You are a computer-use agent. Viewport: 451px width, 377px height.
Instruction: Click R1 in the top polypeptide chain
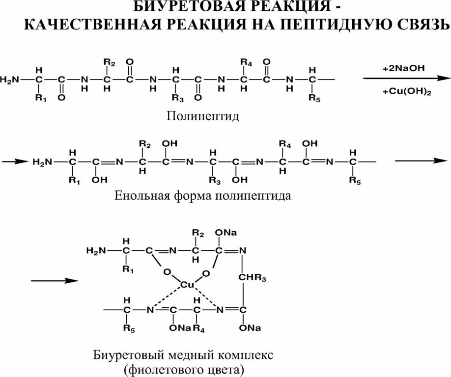tap(40, 98)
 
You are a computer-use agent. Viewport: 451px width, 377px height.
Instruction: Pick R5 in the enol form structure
tap(354, 180)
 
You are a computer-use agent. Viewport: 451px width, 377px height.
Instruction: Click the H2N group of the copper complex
tap(95, 251)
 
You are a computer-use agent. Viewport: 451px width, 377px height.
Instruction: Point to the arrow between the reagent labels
tap(406, 79)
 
